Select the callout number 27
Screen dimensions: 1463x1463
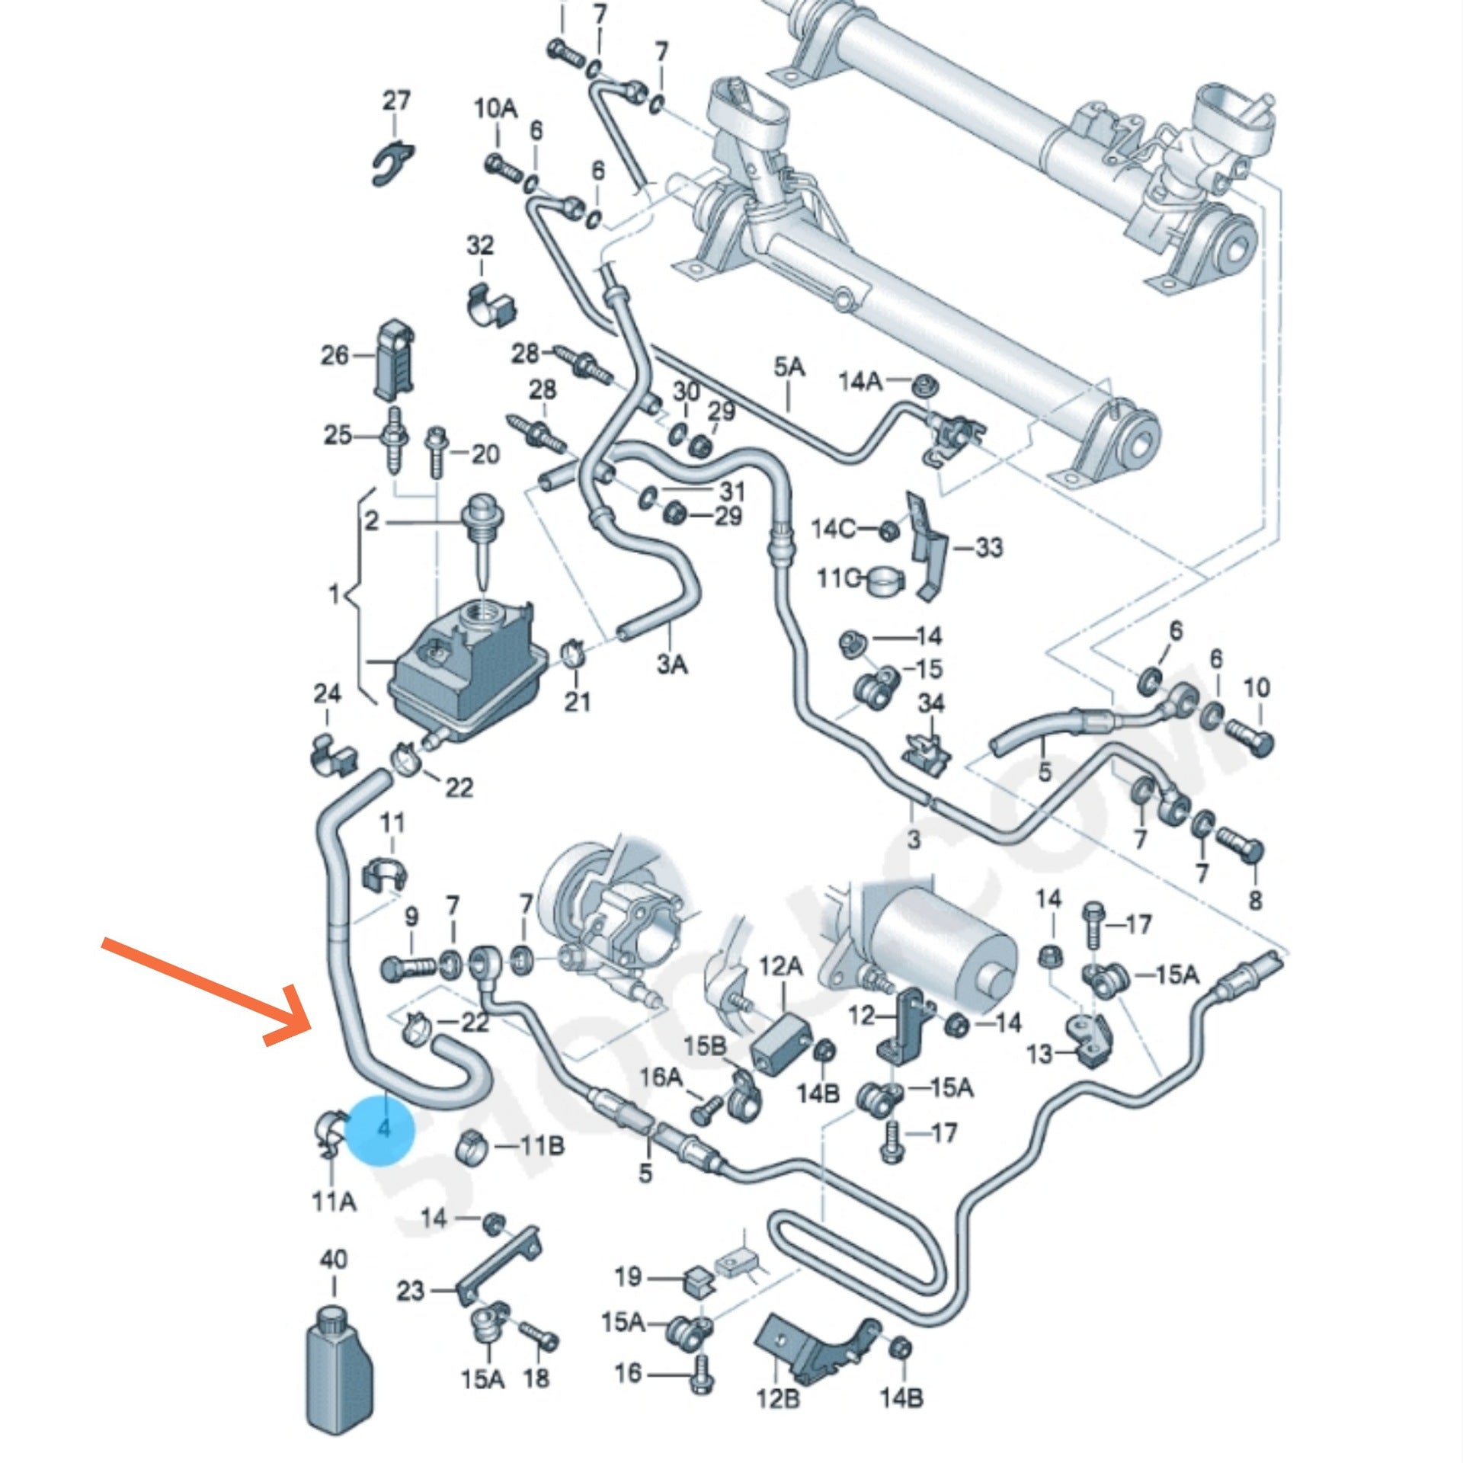click(x=395, y=101)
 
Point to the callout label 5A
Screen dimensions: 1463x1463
click(x=789, y=368)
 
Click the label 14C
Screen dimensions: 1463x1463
click(x=833, y=528)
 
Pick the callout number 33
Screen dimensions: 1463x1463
click(x=988, y=547)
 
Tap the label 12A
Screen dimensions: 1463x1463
click(x=781, y=966)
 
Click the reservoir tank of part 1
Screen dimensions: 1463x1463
click(x=465, y=671)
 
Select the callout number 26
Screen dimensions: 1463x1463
click(x=335, y=354)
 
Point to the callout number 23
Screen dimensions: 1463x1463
click(x=410, y=1291)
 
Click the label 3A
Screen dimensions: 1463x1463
click(x=672, y=664)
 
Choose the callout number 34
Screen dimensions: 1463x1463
click(x=930, y=703)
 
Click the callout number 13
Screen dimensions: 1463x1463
click(x=1039, y=1054)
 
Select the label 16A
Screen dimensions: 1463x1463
click(x=660, y=1077)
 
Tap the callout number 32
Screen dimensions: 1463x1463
click(x=480, y=245)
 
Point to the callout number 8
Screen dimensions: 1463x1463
click(x=1255, y=900)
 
